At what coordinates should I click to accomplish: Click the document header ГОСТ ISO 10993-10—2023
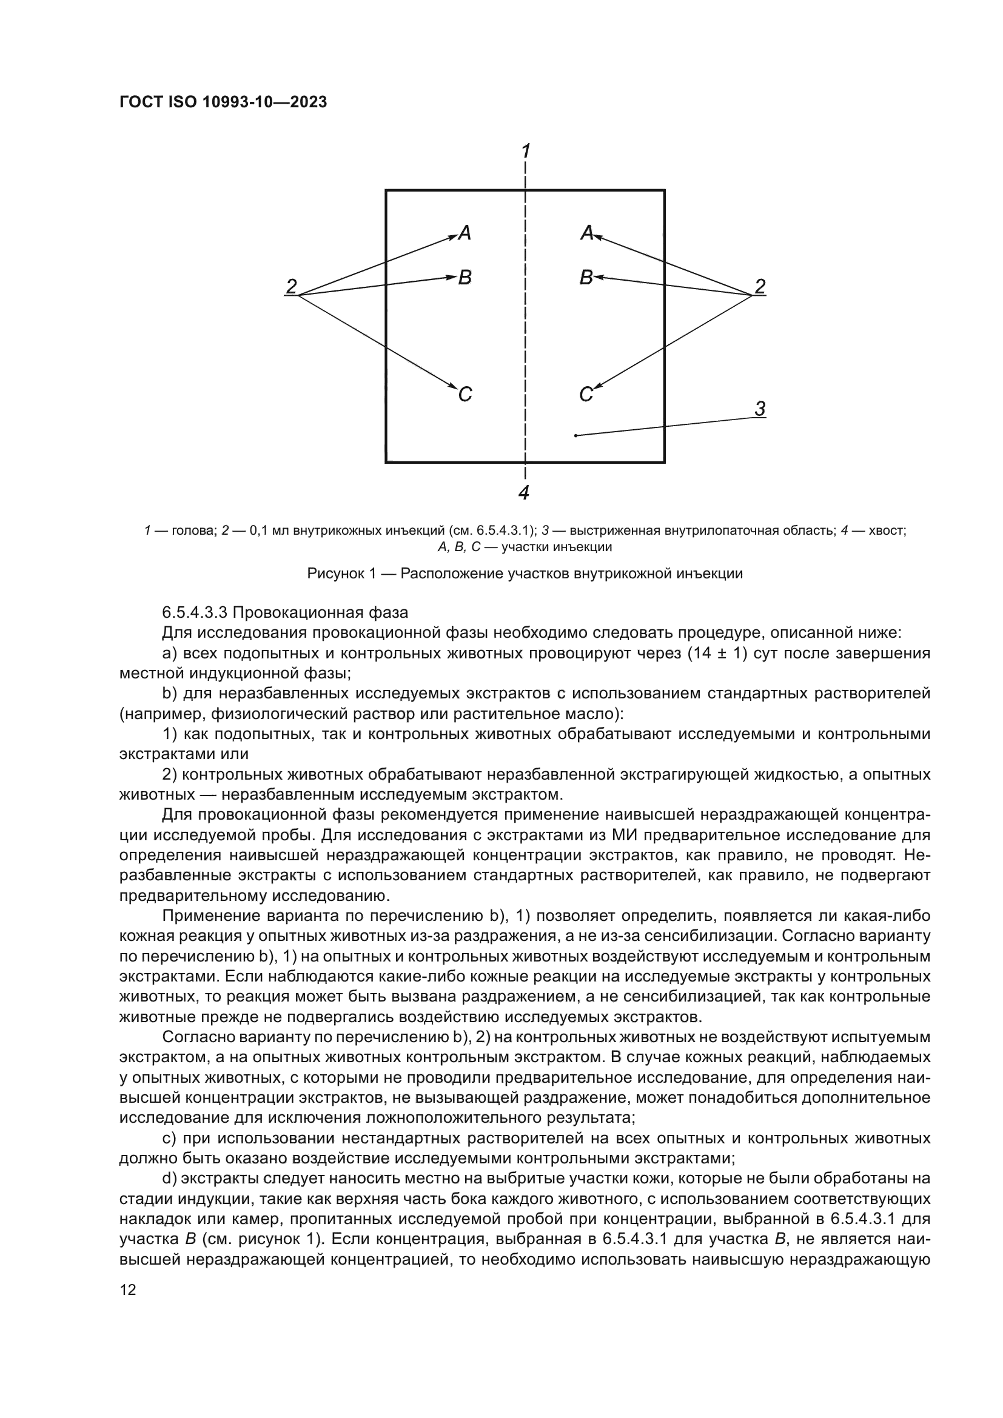(x=223, y=102)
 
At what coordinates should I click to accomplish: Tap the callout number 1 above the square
(x=526, y=151)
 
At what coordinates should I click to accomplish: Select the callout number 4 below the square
(x=524, y=492)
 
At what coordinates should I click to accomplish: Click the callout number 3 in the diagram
(x=760, y=409)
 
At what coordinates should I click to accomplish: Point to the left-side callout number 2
(x=291, y=286)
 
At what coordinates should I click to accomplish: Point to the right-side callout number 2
(x=760, y=286)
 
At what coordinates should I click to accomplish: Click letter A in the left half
(x=465, y=233)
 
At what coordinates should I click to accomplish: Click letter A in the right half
(x=587, y=233)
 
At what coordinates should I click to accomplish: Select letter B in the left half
(x=465, y=278)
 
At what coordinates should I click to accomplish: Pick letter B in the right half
(x=586, y=278)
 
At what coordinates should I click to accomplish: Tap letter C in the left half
(x=465, y=394)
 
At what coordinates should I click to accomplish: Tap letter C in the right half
(x=586, y=394)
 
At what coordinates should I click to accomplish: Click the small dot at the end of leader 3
(x=575, y=436)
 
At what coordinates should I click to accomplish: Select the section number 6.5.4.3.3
(x=195, y=613)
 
